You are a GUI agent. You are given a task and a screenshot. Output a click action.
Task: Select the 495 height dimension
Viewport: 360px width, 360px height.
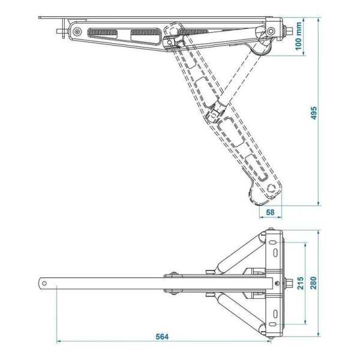314,114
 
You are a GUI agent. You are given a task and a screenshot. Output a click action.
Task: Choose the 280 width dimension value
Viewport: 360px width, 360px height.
315,283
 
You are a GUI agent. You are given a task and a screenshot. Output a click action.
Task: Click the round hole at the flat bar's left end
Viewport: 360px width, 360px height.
45,283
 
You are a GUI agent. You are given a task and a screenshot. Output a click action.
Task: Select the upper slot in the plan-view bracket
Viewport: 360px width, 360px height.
275,248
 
